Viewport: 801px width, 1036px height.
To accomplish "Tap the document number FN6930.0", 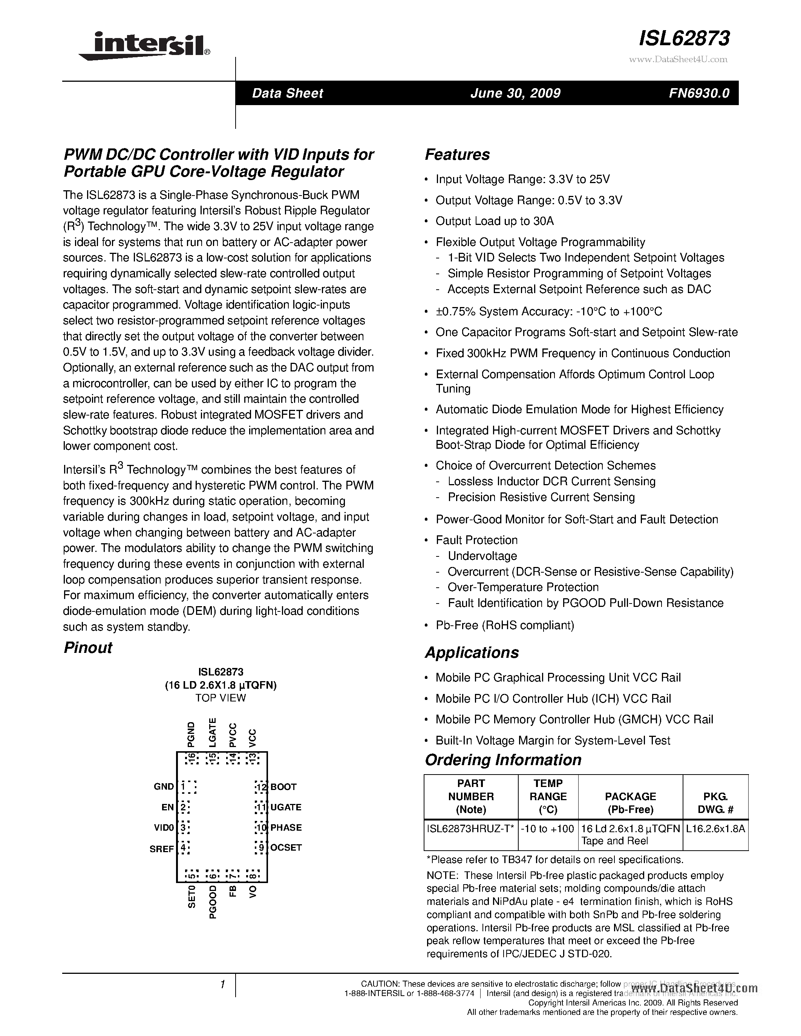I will click(x=698, y=93).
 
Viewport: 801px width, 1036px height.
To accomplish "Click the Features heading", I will click(x=457, y=154).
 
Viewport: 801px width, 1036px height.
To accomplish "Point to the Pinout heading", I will click(x=88, y=648).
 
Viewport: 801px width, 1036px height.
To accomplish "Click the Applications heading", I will click(x=471, y=653).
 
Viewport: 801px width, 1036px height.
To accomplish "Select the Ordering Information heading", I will click(x=502, y=760).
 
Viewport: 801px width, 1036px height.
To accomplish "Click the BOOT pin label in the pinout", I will click(x=283, y=787).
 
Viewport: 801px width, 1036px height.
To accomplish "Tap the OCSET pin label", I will click(x=286, y=847).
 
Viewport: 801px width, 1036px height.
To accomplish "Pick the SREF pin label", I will click(x=162, y=849).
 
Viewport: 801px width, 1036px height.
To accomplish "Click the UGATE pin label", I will click(x=286, y=807).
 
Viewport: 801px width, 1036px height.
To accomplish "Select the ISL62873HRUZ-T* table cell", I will click(x=470, y=828).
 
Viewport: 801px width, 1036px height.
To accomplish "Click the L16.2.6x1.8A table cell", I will click(x=715, y=828).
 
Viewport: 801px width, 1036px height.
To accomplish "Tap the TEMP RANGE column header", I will click(x=548, y=796).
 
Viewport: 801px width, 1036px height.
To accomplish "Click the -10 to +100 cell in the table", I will click(x=548, y=828).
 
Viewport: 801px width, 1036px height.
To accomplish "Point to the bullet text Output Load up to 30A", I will click(x=495, y=221).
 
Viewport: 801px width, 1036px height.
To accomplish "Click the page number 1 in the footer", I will click(x=222, y=985).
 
